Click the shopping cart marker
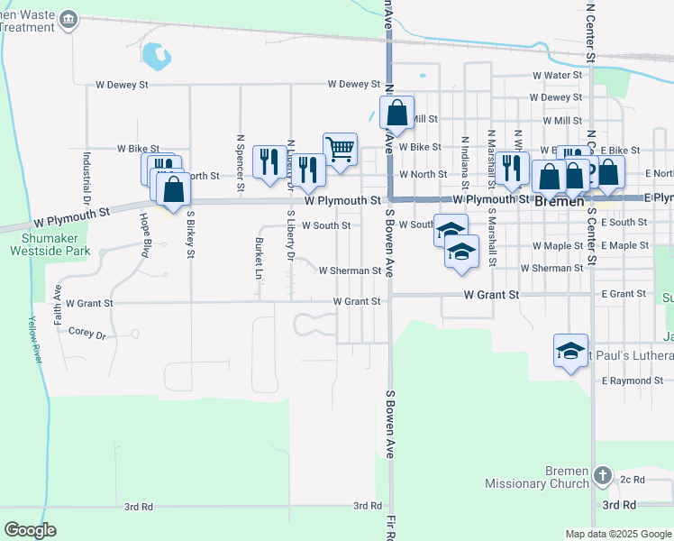pos(340,149)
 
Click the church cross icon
pos(604,475)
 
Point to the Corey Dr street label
pos(87,334)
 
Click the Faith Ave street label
pos(59,287)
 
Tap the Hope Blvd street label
pos(144,235)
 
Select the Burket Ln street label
pos(259,257)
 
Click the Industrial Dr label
pos(87,177)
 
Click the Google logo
pos(31,529)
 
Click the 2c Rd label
pos(633,480)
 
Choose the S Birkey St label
pos(190,234)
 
